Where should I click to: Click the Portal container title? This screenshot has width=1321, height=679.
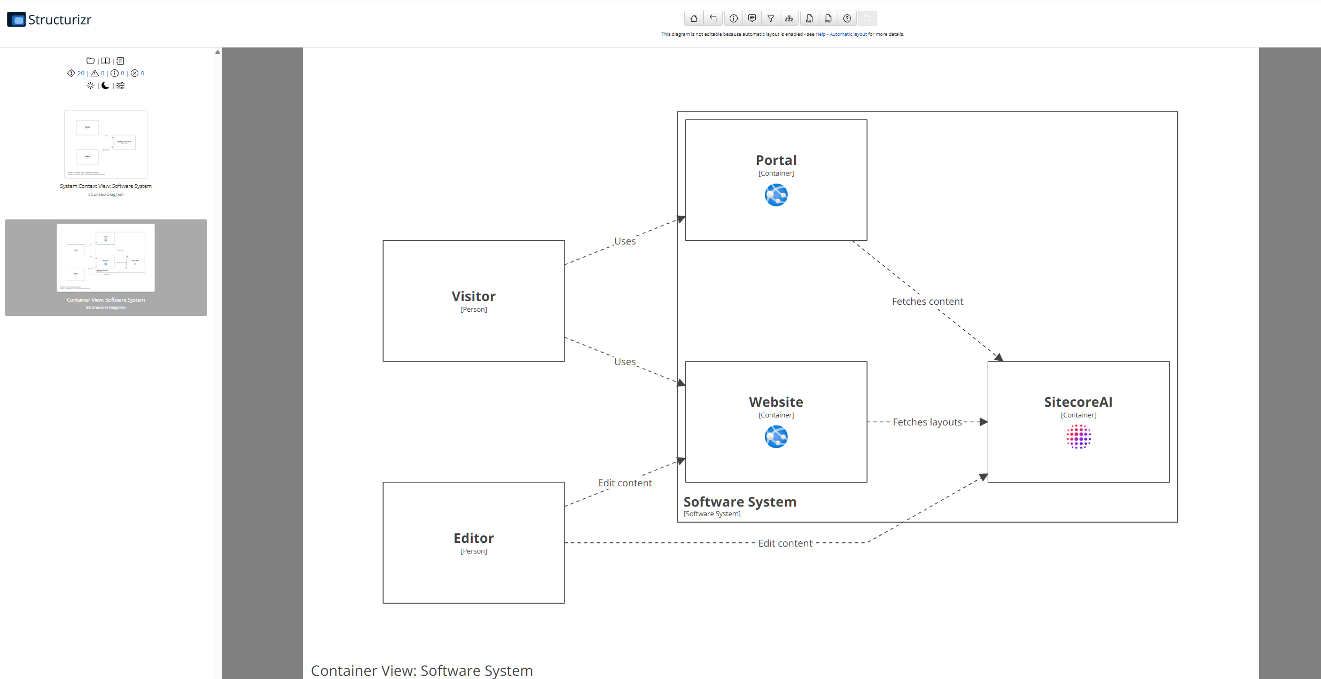[x=776, y=160]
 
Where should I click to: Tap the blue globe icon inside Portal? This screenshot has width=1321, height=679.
[x=776, y=195]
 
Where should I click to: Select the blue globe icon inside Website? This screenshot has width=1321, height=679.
[x=776, y=437]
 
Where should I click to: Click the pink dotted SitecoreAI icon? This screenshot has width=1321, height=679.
[x=1078, y=437]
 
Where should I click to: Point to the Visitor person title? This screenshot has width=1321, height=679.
[x=473, y=296]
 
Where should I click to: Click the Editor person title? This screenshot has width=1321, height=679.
[x=473, y=538]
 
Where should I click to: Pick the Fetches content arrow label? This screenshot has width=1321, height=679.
[x=927, y=302]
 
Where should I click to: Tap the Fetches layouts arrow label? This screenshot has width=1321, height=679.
[x=927, y=422]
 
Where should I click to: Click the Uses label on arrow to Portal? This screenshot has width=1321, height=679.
[x=624, y=241]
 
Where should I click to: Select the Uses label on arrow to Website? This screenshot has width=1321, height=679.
[x=624, y=362]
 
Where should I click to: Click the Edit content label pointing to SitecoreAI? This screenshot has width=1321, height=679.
[x=785, y=543]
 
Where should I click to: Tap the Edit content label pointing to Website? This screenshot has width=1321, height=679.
[x=624, y=483]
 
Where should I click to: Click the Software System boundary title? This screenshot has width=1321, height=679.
[x=740, y=502]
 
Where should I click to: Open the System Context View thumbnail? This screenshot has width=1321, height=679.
[x=106, y=144]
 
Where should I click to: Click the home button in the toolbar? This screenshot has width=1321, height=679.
[x=693, y=19]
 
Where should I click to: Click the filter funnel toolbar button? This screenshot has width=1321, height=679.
[x=770, y=19]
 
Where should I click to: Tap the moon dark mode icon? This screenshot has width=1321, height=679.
[x=105, y=85]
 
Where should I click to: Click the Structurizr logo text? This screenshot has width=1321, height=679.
[x=59, y=20]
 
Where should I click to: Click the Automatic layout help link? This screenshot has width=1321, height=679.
[x=848, y=34]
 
